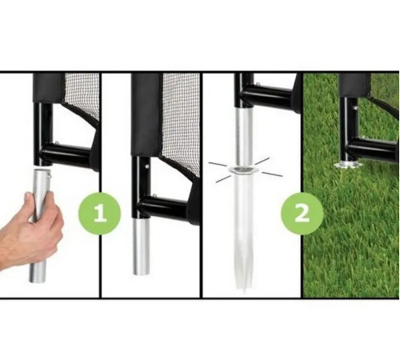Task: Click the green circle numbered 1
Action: point(99,214)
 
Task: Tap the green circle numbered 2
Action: point(302,214)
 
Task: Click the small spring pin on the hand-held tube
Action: point(49,175)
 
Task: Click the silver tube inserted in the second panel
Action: point(142,246)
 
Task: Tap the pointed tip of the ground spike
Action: point(244,291)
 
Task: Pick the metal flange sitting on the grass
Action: point(349,165)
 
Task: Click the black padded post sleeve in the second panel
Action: point(146,114)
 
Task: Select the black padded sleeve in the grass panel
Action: point(354,86)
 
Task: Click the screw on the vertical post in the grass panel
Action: point(355,108)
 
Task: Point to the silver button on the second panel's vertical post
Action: point(147,166)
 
